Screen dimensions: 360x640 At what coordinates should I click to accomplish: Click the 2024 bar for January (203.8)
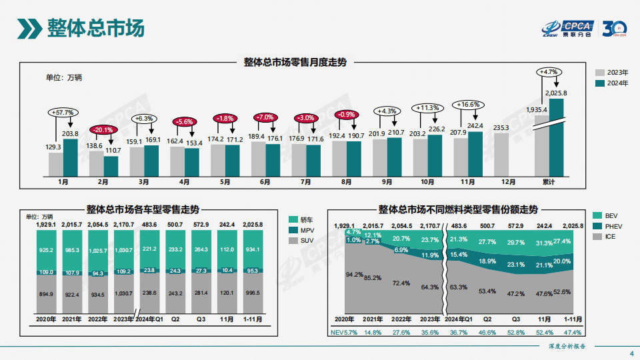[x=71, y=157]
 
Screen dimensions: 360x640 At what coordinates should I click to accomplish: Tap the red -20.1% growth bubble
[x=103, y=129]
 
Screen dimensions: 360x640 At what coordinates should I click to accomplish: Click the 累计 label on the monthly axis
[x=549, y=181]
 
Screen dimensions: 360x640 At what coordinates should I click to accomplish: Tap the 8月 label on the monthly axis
[x=347, y=181]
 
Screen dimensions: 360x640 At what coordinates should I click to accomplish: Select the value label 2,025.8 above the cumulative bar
[x=556, y=93]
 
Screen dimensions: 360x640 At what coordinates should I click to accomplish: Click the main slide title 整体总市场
[x=95, y=29]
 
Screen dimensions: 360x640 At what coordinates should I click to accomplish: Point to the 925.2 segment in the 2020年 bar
[x=46, y=250]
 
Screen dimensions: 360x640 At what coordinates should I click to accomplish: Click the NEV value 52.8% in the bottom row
[x=515, y=331]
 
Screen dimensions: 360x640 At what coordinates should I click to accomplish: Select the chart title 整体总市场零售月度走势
[x=295, y=62]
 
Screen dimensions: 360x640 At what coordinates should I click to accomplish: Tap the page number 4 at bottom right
[x=631, y=353]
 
